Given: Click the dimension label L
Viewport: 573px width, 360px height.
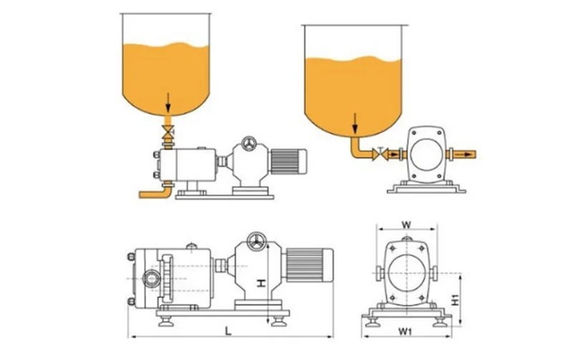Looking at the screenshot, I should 227,331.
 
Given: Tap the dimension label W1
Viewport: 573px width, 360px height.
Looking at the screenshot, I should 405,332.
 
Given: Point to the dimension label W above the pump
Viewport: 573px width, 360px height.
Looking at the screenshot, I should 406,225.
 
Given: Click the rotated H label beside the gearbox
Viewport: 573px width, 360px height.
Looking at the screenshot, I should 262,283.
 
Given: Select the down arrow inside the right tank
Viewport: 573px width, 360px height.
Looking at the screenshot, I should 354,122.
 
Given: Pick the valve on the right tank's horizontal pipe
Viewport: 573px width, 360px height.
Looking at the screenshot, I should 380,153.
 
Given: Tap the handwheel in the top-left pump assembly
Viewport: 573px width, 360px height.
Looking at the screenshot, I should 248,143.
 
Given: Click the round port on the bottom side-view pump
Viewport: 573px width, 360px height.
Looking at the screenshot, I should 153,276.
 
